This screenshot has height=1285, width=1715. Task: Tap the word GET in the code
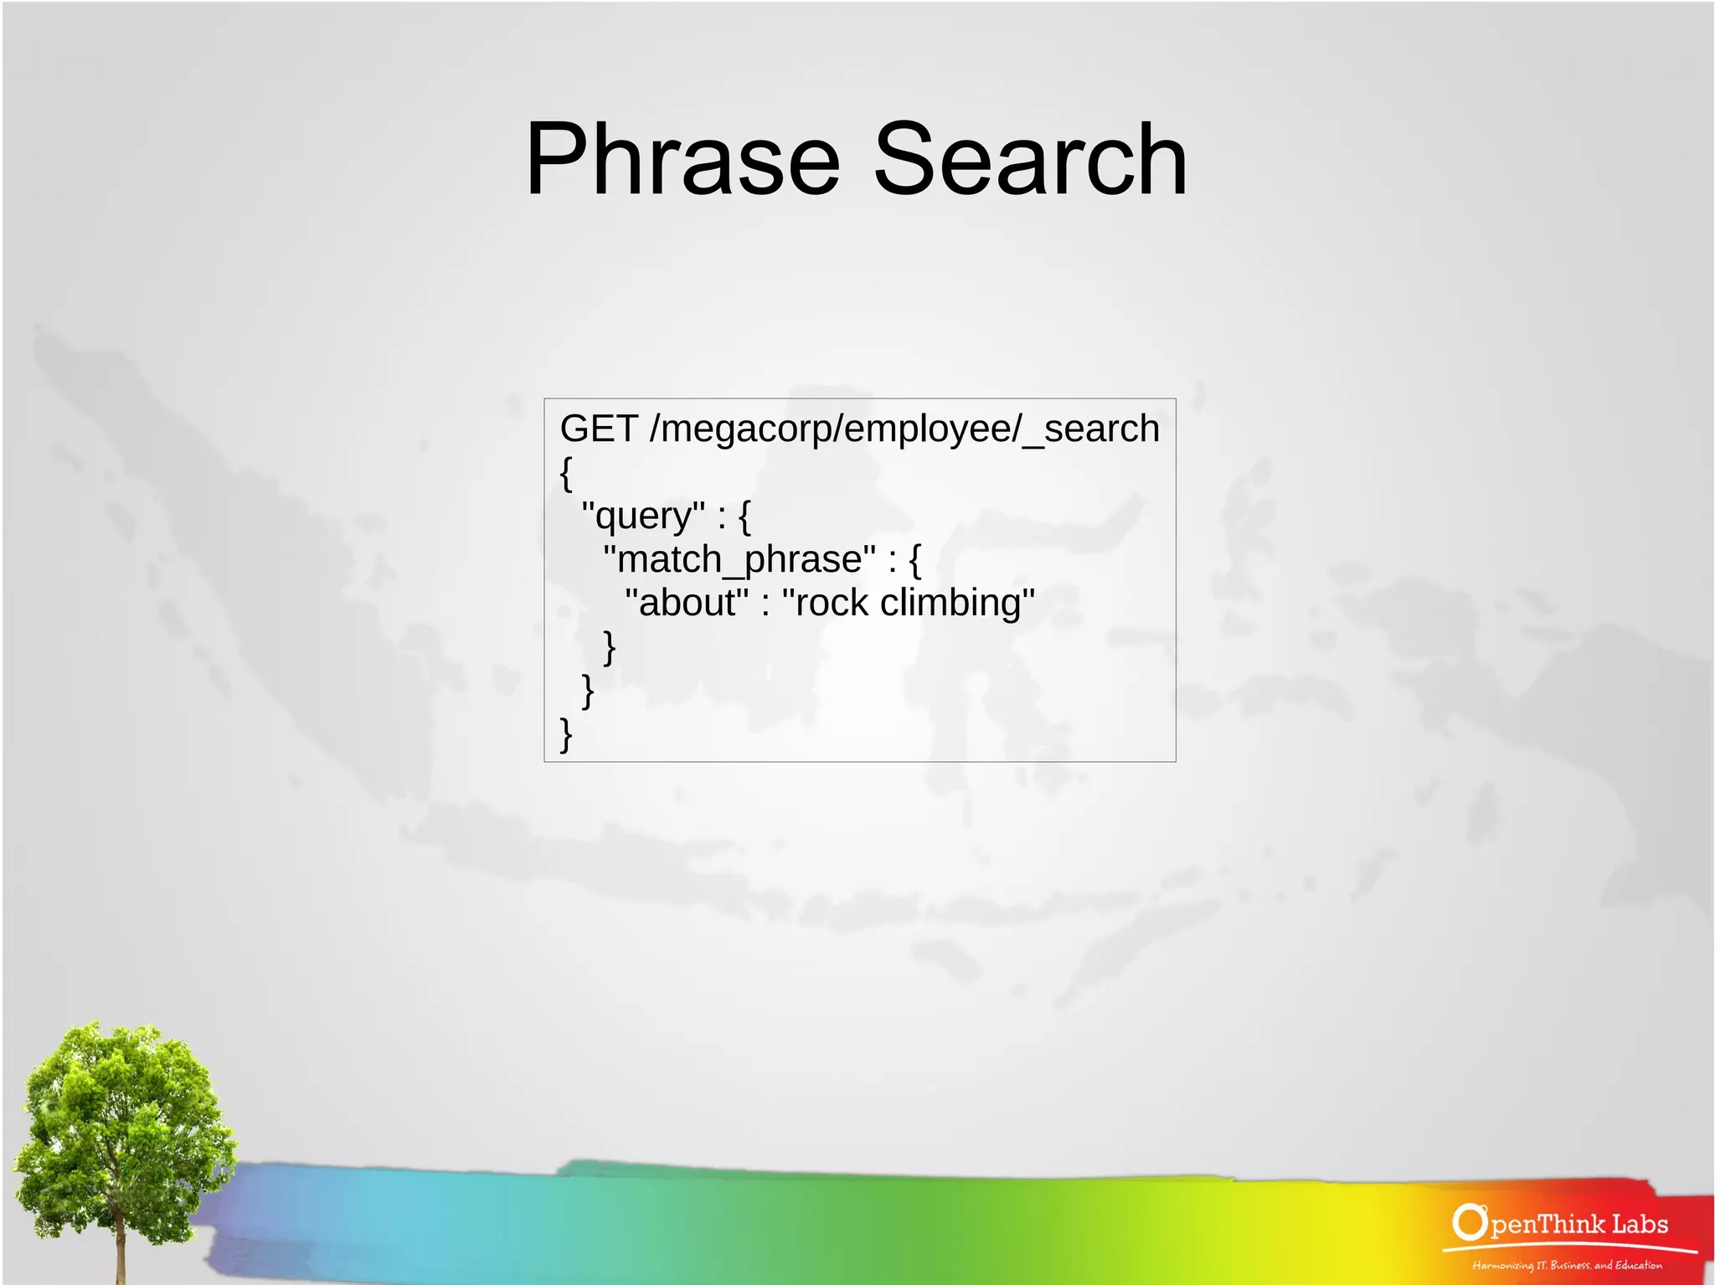pos(599,429)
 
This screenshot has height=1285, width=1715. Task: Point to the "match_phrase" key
pos(739,559)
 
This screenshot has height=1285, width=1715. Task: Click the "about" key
pos(687,603)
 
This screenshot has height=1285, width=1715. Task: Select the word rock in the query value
pos(831,603)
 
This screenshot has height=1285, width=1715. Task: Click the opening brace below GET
pos(566,474)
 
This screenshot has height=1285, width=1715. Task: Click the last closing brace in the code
pos(566,735)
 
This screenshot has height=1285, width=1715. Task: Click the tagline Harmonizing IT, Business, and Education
pos(1567,1265)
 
